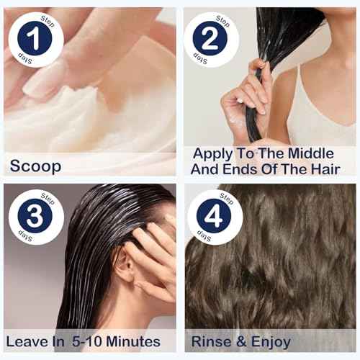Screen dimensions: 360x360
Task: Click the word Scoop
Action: click(35, 166)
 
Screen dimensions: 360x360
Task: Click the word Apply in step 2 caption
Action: click(214, 153)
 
